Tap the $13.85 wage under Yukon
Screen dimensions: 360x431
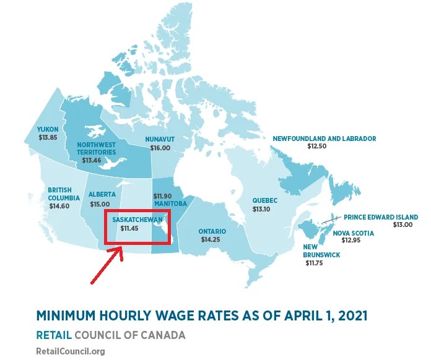tap(48, 137)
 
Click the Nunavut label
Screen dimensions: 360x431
tap(159, 139)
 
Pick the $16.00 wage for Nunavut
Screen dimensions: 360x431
tap(160, 148)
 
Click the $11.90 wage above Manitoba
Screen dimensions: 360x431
tap(163, 196)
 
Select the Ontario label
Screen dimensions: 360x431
tap(212, 231)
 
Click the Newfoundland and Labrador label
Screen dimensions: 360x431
tap(324, 139)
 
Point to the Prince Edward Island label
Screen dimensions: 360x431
tap(381, 217)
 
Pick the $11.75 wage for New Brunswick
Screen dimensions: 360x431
tap(316, 263)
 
